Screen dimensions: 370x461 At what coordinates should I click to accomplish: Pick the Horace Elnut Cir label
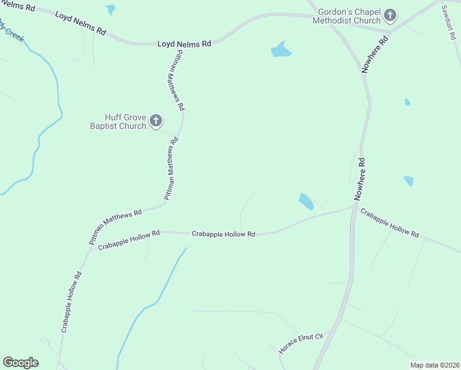click(x=301, y=343)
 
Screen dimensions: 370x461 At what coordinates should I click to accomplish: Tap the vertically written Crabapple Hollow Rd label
click(x=71, y=302)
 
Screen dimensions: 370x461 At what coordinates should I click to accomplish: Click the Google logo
click(x=20, y=363)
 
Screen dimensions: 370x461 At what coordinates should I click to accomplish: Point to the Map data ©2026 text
click(x=434, y=365)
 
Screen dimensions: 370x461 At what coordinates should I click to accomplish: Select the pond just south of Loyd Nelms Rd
click(x=280, y=50)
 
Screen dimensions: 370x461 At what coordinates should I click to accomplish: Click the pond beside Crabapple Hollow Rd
click(x=306, y=202)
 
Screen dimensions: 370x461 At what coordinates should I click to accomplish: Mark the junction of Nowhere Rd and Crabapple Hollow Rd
click(x=354, y=208)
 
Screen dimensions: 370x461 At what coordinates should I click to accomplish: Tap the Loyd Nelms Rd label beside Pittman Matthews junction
click(x=184, y=44)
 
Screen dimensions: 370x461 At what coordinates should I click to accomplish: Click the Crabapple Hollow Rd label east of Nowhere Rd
click(x=390, y=223)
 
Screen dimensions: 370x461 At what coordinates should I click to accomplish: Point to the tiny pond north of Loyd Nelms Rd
click(x=110, y=9)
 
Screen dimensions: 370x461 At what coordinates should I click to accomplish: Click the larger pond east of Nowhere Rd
click(x=409, y=181)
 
